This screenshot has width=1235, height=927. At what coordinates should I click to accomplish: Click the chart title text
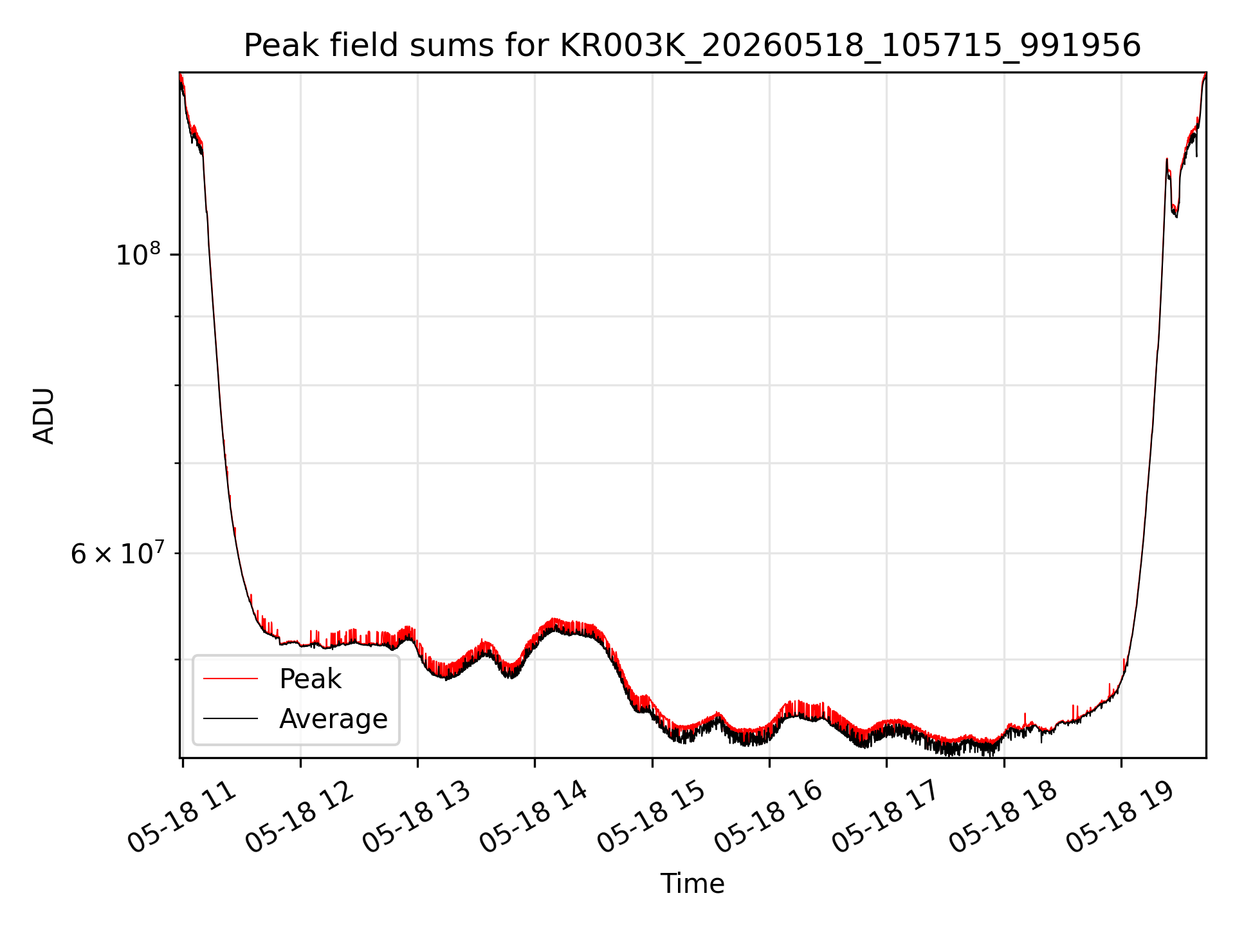(692, 46)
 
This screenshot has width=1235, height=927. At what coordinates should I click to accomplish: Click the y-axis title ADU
(44, 415)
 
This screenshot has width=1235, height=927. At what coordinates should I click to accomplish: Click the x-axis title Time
(692, 884)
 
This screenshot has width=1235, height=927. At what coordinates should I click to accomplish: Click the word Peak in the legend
(310, 679)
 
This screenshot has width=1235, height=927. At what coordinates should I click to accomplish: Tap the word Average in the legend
(333, 718)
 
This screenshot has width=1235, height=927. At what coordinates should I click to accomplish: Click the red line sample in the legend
(230, 679)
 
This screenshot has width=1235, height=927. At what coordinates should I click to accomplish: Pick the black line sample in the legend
(230, 718)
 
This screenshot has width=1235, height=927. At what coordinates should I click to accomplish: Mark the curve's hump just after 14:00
(566, 626)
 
